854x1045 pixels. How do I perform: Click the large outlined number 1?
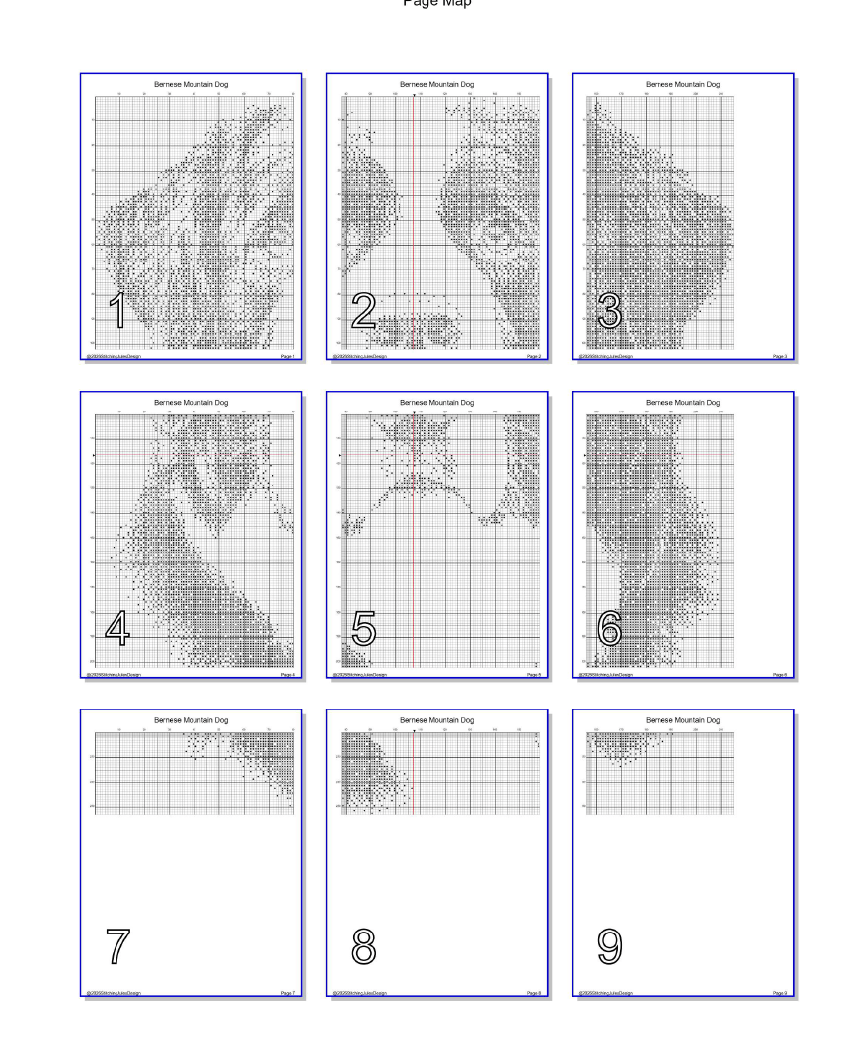pyautogui.click(x=116, y=311)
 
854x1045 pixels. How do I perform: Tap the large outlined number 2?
pyautogui.click(x=363, y=311)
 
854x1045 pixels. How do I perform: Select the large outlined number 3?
pyautogui.click(x=610, y=311)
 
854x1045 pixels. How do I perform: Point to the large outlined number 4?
pyautogui.click(x=116, y=630)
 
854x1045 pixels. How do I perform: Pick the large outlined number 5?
pyautogui.click(x=363, y=630)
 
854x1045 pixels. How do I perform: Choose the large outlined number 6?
pyautogui.click(x=610, y=630)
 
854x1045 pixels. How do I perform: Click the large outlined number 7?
pyautogui.click(x=116, y=946)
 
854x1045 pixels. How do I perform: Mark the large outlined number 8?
pyautogui.click(x=363, y=946)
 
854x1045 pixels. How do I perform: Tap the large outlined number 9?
pyautogui.click(x=610, y=946)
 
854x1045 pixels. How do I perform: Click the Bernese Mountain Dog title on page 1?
pyautogui.click(x=192, y=85)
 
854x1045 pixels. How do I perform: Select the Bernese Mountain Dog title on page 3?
pyautogui.click(x=683, y=85)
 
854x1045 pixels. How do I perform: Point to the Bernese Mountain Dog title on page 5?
pyautogui.click(x=437, y=403)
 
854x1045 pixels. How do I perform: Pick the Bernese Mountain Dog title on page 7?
pyautogui.click(x=192, y=720)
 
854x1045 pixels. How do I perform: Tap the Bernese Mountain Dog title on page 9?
pyautogui.click(x=683, y=720)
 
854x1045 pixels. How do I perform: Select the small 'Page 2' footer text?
pyautogui.click(x=534, y=356)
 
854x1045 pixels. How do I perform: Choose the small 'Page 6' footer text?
pyautogui.click(x=780, y=675)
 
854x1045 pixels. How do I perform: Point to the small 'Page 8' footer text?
pyautogui.click(x=534, y=993)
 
